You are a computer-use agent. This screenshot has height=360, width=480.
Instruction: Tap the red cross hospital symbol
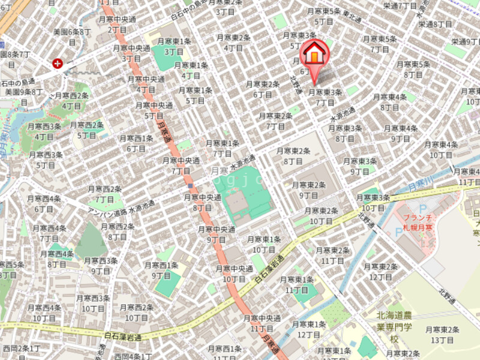[x=58, y=63]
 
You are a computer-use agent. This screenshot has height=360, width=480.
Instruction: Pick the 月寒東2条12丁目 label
[x=381, y=271]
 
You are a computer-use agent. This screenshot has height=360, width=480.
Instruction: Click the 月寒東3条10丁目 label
[x=373, y=202]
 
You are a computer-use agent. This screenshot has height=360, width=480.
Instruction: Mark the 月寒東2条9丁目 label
[x=308, y=190]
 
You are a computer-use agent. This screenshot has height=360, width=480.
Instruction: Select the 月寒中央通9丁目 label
[x=216, y=234]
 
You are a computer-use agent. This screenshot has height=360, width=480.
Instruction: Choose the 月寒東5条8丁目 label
[x=413, y=69]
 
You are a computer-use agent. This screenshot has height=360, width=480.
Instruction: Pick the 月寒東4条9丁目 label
[x=401, y=133]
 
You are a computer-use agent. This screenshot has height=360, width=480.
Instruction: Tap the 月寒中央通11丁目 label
[x=262, y=323]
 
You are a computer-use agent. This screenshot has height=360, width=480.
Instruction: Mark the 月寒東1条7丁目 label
[x=222, y=148]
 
